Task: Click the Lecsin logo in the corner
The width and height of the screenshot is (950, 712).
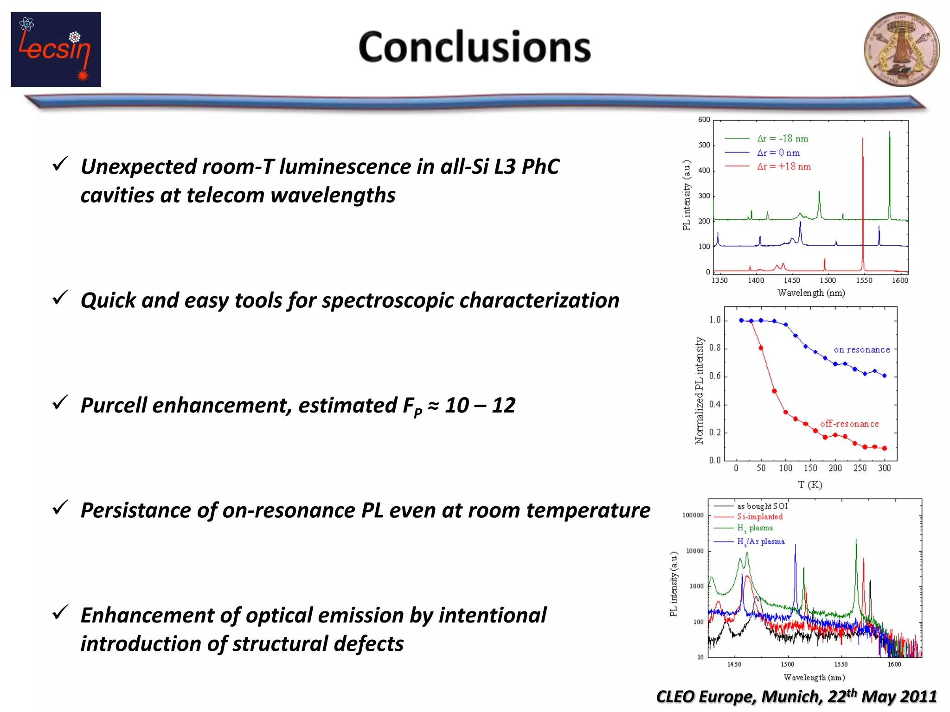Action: pyautogui.click(x=56, y=50)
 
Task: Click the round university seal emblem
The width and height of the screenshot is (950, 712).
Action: pyautogui.click(x=901, y=50)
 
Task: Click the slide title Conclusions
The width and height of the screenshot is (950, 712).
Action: pyautogui.click(x=475, y=47)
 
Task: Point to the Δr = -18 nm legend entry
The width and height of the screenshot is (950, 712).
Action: pyautogui.click(x=782, y=139)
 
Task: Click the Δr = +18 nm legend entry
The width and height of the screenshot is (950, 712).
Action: pyautogui.click(x=783, y=166)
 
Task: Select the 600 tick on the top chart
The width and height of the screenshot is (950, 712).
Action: pyautogui.click(x=704, y=120)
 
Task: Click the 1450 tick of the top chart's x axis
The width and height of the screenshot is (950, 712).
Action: pyautogui.click(x=792, y=280)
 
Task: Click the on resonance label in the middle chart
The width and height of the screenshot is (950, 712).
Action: pyautogui.click(x=861, y=350)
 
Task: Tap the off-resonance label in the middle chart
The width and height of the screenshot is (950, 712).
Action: pyautogui.click(x=849, y=424)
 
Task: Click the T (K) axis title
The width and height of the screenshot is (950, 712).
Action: pyautogui.click(x=810, y=485)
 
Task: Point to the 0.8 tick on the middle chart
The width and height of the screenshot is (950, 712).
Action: pyautogui.click(x=715, y=348)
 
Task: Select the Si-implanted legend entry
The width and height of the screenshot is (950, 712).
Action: pyautogui.click(x=759, y=517)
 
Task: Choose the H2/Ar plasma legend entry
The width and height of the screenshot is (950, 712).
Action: pyautogui.click(x=761, y=541)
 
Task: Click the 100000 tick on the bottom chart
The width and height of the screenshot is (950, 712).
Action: pyautogui.click(x=693, y=515)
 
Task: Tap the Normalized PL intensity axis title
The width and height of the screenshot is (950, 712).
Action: pyautogui.click(x=699, y=390)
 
